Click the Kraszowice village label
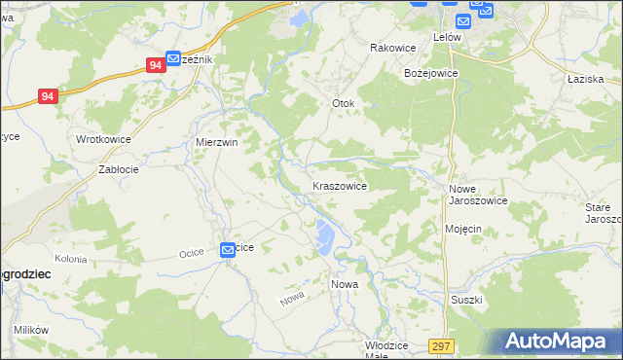339,186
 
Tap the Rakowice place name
393,48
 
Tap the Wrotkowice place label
103,139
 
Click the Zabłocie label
118,168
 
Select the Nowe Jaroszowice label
477,195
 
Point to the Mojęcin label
463,229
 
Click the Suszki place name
466,300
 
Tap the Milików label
31,330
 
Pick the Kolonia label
70,260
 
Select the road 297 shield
441,346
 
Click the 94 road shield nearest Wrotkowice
50,96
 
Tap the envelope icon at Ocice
227,249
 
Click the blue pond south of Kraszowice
323,234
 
